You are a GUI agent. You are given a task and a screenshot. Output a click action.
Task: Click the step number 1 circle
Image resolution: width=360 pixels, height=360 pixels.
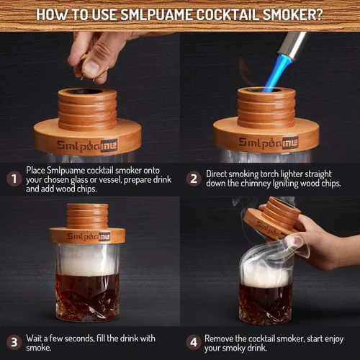tap(12, 178)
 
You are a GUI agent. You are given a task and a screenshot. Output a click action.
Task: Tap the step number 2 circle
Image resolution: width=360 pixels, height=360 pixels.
tap(193, 178)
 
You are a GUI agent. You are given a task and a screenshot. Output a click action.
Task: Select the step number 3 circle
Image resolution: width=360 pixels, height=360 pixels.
tap(12, 342)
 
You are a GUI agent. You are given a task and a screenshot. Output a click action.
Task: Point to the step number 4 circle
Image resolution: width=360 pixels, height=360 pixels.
tap(193, 342)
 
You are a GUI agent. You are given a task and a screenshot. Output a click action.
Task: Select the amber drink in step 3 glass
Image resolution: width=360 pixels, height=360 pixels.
tap(87, 296)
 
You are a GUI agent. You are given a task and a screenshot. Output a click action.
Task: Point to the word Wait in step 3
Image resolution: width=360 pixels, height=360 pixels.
tap(37, 337)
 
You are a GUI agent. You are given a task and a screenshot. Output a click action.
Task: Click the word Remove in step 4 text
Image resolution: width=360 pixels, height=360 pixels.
tap(222, 337)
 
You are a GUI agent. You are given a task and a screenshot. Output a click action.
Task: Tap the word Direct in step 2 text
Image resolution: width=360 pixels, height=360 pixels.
tap(220, 173)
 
